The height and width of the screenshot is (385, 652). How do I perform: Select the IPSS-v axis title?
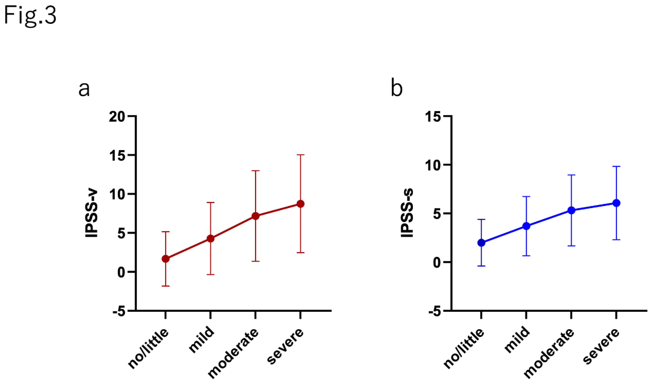(91, 214)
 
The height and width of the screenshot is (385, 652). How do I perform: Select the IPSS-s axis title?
(407, 214)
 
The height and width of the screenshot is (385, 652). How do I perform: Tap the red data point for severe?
(300, 204)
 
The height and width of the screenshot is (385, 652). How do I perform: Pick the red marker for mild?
(210, 238)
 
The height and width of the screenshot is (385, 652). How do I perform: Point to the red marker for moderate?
(255, 216)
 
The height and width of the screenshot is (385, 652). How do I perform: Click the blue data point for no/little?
(481, 243)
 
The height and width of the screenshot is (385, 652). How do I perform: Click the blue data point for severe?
(616, 203)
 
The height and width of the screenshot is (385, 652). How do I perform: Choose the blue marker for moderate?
(571, 210)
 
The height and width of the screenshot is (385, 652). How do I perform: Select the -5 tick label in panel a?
(119, 311)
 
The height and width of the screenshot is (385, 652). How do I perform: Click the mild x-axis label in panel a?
(202, 341)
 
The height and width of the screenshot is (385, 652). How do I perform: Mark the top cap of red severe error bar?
(300, 155)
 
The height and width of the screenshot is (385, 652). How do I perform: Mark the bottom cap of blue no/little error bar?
(481, 266)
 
